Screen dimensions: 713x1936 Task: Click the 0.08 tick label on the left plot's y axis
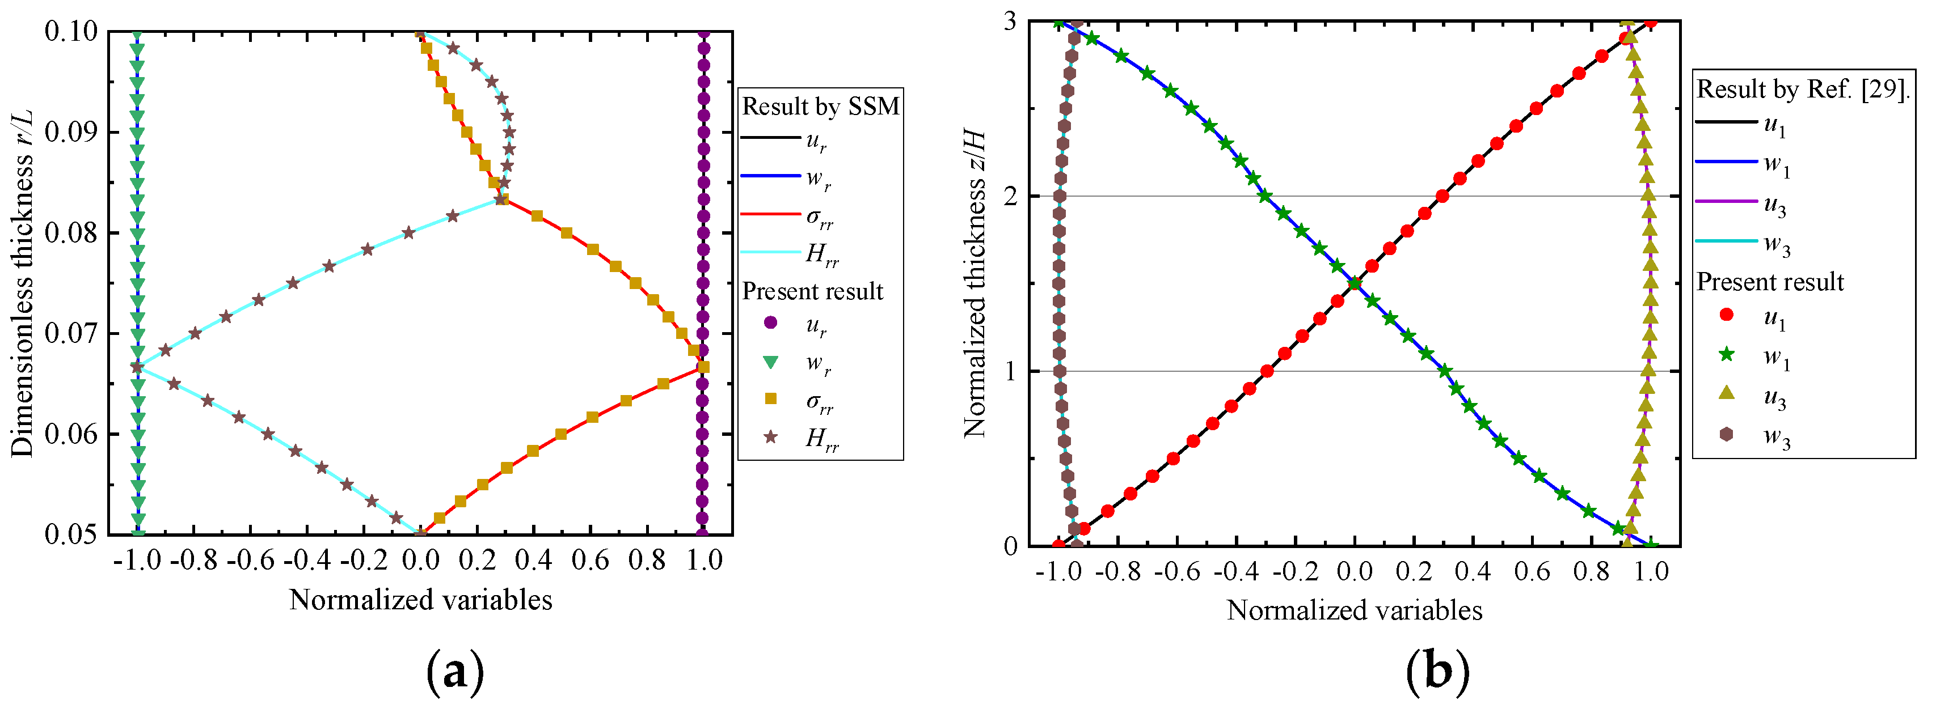tap(71, 233)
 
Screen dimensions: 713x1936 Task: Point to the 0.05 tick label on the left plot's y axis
tap(71, 535)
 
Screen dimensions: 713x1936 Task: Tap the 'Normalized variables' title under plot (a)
tap(420, 600)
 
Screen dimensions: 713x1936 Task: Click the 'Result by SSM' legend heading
tap(821, 107)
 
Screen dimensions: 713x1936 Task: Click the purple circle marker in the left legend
tap(770, 323)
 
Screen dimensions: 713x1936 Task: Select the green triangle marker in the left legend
tap(770, 363)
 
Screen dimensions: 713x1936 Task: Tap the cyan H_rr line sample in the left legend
tap(770, 252)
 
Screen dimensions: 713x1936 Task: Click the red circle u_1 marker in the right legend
tap(1726, 315)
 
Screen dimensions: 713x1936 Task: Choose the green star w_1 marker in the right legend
tap(1726, 354)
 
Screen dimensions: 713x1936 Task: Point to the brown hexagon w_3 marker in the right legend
tap(1726, 434)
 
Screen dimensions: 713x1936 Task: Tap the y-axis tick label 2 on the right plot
tap(1010, 196)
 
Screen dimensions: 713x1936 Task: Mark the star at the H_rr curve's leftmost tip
tap(137, 367)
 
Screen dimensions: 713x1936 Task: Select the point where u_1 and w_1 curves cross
tap(1355, 283)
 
